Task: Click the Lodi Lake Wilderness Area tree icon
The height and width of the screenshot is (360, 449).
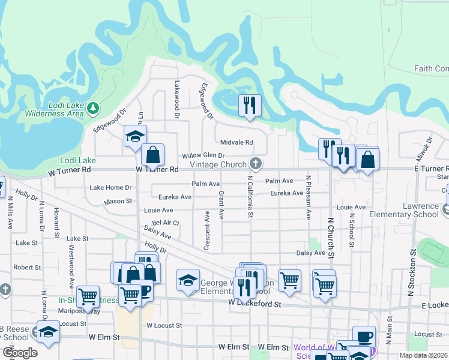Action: [x=92, y=109]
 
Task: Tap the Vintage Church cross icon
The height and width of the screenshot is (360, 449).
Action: [x=256, y=164]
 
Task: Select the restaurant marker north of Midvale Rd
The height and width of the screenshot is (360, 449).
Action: [x=249, y=105]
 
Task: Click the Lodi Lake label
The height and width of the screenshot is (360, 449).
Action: [x=78, y=160]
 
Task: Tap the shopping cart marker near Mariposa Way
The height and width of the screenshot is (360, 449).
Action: [x=88, y=296]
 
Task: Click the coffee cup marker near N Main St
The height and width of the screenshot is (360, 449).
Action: [x=364, y=337]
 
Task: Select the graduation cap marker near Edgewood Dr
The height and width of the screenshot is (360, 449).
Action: [x=135, y=136]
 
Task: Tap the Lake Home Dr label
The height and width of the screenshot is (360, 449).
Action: [x=110, y=188]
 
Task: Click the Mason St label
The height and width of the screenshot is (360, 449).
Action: [x=118, y=202]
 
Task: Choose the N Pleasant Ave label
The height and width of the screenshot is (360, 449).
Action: [x=309, y=197]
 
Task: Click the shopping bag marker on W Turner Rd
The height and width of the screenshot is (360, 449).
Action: [x=153, y=155]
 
